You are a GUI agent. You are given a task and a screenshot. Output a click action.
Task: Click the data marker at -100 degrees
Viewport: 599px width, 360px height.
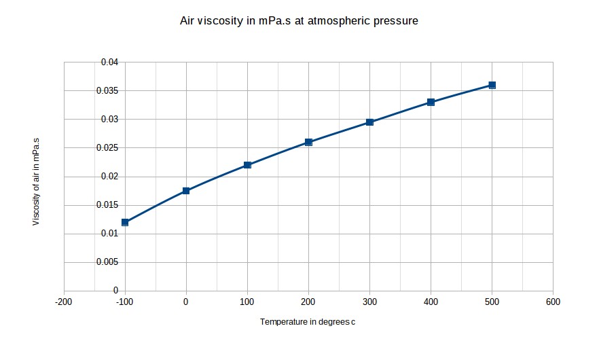(x=125, y=222)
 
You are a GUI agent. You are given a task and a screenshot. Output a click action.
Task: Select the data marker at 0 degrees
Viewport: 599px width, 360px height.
(x=186, y=191)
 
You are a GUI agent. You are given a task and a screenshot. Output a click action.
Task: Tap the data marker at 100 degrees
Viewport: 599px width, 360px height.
(x=247, y=165)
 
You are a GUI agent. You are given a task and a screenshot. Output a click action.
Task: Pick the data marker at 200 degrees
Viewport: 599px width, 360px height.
(x=308, y=142)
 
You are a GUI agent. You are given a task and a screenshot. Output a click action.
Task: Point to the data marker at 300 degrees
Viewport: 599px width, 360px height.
(x=369, y=122)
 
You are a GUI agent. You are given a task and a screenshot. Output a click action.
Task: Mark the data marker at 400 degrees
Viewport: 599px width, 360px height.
(x=431, y=102)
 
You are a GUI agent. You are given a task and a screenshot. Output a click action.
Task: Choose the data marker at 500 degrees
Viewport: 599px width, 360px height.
(x=492, y=85)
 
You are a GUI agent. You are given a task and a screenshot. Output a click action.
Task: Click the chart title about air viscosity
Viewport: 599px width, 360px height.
(x=298, y=21)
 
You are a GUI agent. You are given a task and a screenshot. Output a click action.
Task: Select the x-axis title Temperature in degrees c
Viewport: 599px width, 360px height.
(x=307, y=322)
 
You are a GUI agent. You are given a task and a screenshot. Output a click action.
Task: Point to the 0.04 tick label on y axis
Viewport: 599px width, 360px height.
(x=109, y=62)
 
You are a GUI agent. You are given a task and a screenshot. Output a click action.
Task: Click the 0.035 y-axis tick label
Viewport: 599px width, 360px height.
(x=107, y=91)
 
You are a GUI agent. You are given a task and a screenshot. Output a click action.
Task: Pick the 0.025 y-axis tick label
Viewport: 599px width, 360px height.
(x=107, y=148)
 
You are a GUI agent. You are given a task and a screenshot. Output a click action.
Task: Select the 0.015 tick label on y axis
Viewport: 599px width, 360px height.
(x=107, y=205)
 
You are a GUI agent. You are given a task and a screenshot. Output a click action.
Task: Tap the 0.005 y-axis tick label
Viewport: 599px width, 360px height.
(x=107, y=262)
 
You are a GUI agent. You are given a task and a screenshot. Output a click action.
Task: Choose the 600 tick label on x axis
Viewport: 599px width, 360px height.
(x=553, y=302)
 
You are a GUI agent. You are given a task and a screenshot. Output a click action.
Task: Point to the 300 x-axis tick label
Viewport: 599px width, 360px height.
(x=369, y=302)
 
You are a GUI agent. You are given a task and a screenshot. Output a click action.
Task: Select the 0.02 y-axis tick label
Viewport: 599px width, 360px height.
(x=109, y=177)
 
